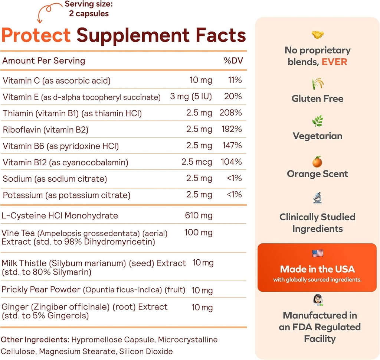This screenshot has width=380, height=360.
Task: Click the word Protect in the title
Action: click(36, 36)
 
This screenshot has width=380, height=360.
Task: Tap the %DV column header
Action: click(233, 61)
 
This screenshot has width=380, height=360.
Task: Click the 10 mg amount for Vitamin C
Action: click(200, 80)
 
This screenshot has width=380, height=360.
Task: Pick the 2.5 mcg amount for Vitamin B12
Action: click(197, 162)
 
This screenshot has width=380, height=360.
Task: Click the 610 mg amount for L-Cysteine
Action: click(199, 215)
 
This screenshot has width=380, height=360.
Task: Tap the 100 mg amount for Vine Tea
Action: click(199, 233)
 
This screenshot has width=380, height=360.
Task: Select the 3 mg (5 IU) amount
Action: click(191, 97)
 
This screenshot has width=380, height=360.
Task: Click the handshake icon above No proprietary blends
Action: click(318, 35)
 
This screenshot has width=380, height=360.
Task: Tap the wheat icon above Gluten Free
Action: click(318, 83)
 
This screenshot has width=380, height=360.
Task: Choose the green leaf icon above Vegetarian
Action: click(318, 121)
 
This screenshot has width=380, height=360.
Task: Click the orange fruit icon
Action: click(317, 162)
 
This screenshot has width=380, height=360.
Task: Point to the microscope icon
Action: click(318, 197)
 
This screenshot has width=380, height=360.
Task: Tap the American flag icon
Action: click(318, 253)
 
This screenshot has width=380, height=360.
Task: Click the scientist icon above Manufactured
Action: click(318, 300)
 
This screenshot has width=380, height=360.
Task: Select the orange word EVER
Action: click(334, 62)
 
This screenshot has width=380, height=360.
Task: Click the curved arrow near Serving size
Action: click(48, 11)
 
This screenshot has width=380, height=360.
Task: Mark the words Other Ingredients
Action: click(35, 340)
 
